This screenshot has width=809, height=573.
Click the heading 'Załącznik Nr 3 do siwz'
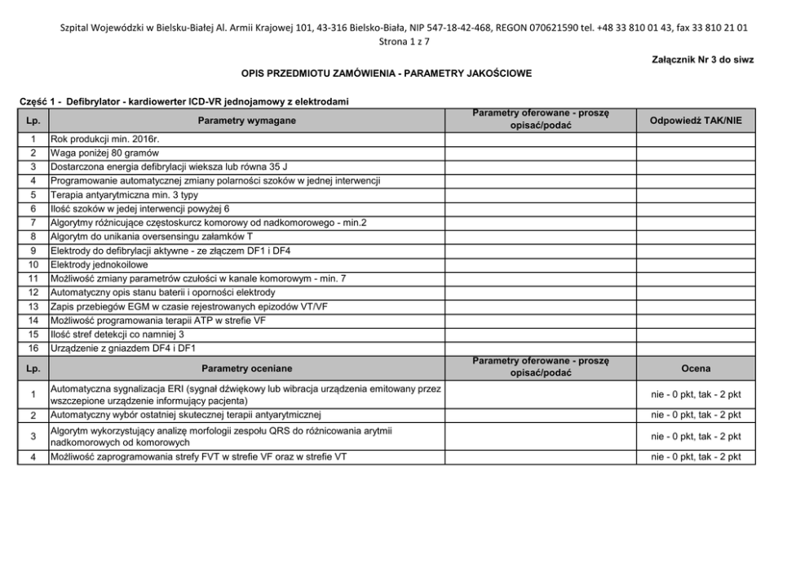(691, 60)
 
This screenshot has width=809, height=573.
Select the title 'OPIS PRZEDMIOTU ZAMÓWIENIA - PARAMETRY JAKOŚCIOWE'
(387, 73)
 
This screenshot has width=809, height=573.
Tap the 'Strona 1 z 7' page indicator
(404, 41)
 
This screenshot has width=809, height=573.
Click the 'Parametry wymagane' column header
(246, 121)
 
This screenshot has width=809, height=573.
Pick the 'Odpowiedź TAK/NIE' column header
(696, 121)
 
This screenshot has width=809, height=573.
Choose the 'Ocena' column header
(696, 368)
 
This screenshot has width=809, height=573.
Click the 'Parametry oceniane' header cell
(246, 368)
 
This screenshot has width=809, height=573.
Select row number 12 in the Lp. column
(33, 291)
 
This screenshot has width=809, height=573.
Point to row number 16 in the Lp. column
(33, 348)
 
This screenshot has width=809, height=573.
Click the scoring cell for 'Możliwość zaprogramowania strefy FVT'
(696, 457)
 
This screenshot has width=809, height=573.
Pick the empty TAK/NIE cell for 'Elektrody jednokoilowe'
(696, 265)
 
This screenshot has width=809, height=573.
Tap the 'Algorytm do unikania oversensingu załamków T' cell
(153, 237)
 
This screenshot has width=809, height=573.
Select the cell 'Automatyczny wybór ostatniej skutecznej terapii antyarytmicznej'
(186, 415)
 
